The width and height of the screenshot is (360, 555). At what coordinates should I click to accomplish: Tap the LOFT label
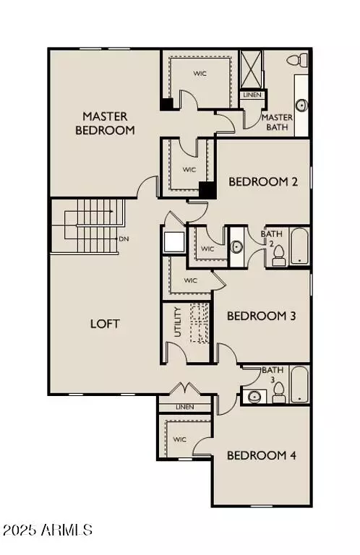coord(105,324)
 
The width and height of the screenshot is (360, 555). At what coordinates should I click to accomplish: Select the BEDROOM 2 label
coord(263,182)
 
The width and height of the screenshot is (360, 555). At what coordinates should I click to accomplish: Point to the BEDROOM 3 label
coord(262,316)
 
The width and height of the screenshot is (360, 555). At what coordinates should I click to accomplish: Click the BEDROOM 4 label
coord(262,455)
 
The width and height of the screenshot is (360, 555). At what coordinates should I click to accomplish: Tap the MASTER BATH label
coord(277,123)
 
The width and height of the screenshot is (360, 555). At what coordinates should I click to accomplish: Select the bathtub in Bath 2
coord(299,248)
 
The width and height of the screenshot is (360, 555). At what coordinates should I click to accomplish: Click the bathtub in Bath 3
coord(299,384)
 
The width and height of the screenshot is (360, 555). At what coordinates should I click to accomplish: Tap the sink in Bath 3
coord(253,396)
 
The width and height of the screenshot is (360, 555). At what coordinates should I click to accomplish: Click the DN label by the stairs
coord(124,239)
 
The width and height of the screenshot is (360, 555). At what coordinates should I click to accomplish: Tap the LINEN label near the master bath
coord(252,95)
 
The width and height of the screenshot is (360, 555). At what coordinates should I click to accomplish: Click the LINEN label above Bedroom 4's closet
coord(186,408)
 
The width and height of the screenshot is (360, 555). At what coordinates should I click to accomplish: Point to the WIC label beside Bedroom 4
coord(180,439)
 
